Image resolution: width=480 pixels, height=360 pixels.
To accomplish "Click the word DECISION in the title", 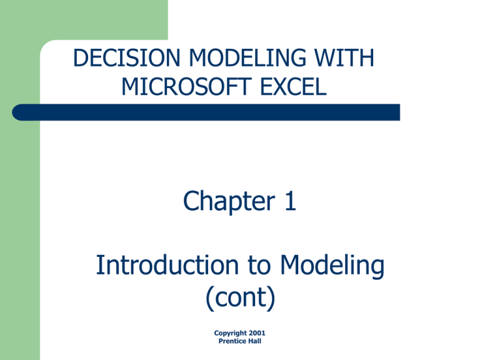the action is pos(126,58).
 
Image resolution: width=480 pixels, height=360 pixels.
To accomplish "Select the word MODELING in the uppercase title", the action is pos(247,58).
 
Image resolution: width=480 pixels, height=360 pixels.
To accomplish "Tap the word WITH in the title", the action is pos(344,58).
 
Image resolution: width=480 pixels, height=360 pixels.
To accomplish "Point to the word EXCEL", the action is pos(293,87).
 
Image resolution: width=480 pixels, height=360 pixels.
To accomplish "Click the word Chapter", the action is pos(229,201).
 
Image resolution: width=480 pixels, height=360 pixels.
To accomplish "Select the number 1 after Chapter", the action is pos(291,201).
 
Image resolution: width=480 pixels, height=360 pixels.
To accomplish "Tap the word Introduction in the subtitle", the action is pos(167,265).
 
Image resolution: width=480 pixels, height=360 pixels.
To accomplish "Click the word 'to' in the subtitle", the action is pos(259,266).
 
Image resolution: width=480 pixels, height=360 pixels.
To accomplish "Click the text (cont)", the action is pos(240,298).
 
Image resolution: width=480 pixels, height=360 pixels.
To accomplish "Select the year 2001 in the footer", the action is pos(257,332).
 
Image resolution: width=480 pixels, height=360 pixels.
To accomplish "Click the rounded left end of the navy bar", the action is pos(15,112).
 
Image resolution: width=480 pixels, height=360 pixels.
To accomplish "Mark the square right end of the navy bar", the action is pos(399,112).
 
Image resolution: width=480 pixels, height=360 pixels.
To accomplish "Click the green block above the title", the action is pos(84,20).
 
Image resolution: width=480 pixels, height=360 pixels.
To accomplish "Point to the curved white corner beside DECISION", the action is pos(46,45).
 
